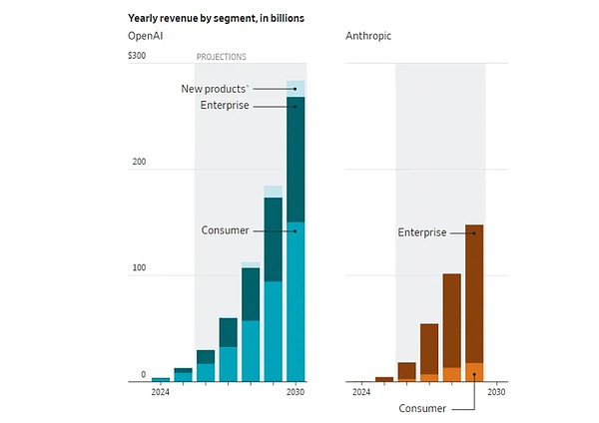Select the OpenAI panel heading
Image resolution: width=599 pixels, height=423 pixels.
[x=147, y=37]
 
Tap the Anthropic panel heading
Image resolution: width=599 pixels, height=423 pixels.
[x=367, y=37]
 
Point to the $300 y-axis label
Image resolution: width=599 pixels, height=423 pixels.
[x=137, y=56]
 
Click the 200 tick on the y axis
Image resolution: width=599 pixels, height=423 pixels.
[x=139, y=162]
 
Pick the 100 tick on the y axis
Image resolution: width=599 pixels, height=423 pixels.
[x=139, y=268]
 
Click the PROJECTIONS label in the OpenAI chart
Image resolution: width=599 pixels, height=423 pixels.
[x=221, y=57]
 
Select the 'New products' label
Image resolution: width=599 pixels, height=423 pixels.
[x=214, y=89]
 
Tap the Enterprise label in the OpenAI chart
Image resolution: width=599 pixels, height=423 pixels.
[x=224, y=105]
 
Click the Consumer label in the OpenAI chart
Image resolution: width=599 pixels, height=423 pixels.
[x=225, y=230]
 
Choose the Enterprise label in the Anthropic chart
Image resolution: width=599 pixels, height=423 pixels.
[x=421, y=232]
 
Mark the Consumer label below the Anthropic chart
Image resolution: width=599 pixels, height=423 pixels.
[x=422, y=408]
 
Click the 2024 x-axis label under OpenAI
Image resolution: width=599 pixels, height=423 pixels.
[x=161, y=392]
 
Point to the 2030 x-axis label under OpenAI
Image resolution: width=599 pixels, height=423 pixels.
[x=296, y=392]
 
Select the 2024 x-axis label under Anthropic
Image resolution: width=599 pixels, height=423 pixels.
[x=362, y=392]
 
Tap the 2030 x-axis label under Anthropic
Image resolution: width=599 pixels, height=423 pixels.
[x=496, y=392]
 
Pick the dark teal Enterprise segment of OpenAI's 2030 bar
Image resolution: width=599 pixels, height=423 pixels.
[x=296, y=160]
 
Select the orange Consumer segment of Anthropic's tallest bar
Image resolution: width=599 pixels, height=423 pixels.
[x=474, y=372]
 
